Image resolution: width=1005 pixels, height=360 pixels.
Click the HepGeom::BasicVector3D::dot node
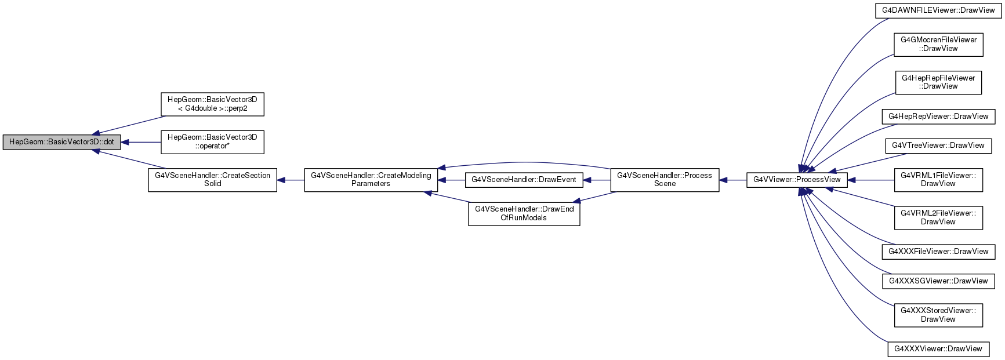61,142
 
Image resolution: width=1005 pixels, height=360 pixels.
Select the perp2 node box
212,104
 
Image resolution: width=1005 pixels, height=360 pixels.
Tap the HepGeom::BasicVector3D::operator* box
212,142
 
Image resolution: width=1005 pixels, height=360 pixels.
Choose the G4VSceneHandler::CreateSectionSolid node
212,180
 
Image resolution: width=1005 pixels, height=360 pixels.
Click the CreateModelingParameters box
371,180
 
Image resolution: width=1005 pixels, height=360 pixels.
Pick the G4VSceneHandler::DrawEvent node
524,180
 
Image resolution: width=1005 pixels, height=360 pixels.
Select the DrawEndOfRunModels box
524,214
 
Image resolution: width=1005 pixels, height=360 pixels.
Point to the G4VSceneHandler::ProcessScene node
665,180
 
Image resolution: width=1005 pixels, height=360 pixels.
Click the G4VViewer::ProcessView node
797,180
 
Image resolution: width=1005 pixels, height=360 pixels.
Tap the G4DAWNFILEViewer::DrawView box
938,10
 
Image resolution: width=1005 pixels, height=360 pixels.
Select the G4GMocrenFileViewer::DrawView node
938,45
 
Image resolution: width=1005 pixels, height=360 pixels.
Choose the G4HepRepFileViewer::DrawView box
938,82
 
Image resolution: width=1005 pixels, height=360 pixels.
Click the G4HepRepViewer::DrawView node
938,117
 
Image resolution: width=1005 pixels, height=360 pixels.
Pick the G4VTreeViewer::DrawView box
938,146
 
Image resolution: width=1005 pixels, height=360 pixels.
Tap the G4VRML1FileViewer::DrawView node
938,180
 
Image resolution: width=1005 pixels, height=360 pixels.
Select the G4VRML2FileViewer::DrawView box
938,218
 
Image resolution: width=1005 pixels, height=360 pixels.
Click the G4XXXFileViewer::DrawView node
938,252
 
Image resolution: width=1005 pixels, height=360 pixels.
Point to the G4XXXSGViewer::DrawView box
938,281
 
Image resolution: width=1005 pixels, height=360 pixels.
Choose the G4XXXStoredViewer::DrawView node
938,315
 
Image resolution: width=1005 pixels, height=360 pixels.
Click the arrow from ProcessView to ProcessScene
733,180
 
